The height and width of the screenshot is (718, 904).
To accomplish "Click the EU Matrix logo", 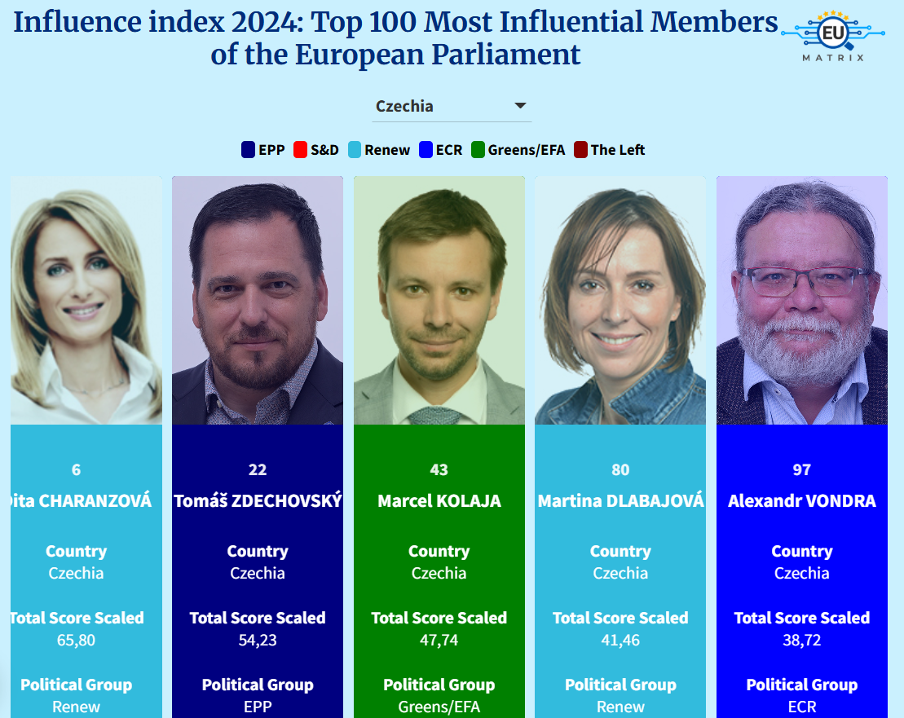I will pos(832,37).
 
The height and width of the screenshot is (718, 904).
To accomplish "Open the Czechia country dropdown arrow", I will pos(520,106).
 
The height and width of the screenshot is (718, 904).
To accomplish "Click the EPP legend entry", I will pos(263,150).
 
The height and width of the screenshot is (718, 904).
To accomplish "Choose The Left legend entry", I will pos(609,150).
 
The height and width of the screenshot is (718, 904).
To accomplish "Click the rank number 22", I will pos(258,469).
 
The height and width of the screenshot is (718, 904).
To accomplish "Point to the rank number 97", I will pos(802,469).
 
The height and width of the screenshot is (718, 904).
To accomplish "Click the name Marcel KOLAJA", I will pos(439,500).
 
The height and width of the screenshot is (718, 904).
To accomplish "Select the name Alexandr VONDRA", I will pos(802,500).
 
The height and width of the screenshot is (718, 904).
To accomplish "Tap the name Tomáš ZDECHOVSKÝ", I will pos(258,500).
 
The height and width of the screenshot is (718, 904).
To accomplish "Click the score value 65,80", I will pos(77,640).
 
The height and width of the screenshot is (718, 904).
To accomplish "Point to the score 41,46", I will pos(620,640).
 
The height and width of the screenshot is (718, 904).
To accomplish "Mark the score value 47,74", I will pos(439,640).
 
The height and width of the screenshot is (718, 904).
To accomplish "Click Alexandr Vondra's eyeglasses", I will pos(804,282).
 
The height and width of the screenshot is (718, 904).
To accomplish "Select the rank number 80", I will pos(620,469).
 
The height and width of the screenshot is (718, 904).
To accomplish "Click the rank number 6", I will pos(77,469).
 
